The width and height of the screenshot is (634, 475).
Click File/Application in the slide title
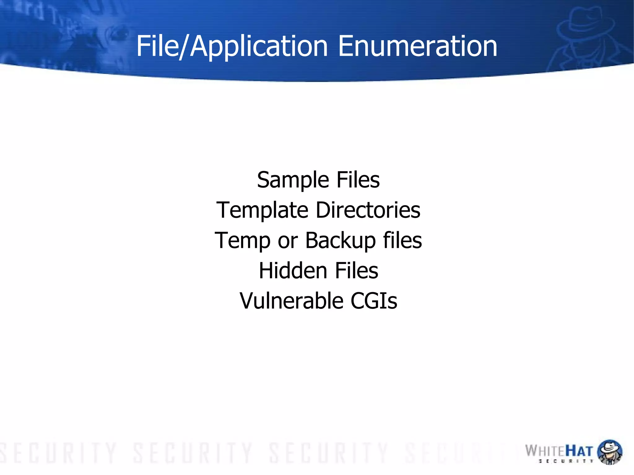pyautogui.click(x=232, y=46)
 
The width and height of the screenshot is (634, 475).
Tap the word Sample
pyautogui.click(x=293, y=180)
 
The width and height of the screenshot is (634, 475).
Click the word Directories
pyautogui.click(x=368, y=210)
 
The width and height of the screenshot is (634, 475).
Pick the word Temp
pyautogui.click(x=242, y=241)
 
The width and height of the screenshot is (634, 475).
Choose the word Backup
pyautogui.click(x=340, y=241)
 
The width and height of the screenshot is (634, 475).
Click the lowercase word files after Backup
pyautogui.click(x=402, y=240)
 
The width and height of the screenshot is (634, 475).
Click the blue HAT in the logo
pyautogui.click(x=579, y=451)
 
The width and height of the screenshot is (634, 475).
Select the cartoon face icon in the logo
pyautogui.click(x=609, y=451)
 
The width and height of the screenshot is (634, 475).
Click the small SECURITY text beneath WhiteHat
pyautogui.click(x=566, y=461)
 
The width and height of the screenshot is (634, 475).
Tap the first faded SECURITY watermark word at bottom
pyautogui.click(x=59, y=453)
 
